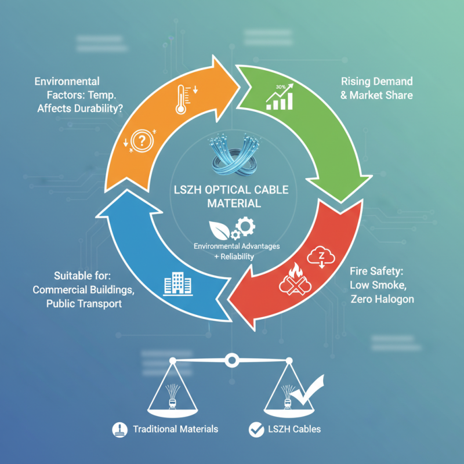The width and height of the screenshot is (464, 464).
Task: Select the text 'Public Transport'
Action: pos(84,303)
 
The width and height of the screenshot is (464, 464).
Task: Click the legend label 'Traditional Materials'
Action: pos(175,429)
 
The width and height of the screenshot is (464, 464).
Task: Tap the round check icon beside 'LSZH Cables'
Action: pos(255,429)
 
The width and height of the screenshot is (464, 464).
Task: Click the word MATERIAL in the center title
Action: pos(232,204)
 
